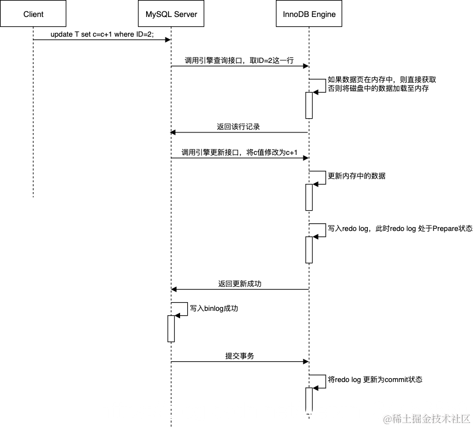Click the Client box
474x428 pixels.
click(33, 14)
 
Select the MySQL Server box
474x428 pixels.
click(171, 14)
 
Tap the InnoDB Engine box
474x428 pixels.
click(309, 14)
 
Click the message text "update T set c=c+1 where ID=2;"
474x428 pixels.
click(102, 34)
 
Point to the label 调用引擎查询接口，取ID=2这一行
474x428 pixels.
click(239, 61)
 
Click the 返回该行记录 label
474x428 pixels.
click(238, 126)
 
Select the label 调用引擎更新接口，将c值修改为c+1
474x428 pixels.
click(239, 153)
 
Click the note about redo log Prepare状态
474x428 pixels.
click(400, 228)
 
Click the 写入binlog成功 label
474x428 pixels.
click(214, 309)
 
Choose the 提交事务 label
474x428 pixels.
click(240, 356)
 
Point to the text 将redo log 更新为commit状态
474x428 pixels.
click(375, 379)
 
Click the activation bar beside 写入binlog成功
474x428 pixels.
click(171, 328)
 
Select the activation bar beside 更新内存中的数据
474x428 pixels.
click(309, 197)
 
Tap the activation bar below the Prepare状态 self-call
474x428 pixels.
click(309, 250)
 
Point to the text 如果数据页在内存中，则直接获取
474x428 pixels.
click(381, 79)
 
